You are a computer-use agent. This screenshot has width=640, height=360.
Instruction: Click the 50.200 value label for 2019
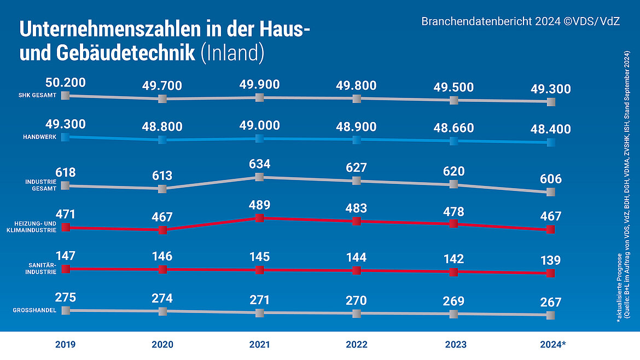65,83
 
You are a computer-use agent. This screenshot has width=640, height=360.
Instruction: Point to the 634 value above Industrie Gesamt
260,164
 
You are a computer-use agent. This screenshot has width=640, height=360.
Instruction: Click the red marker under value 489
260,218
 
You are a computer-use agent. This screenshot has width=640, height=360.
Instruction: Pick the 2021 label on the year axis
260,345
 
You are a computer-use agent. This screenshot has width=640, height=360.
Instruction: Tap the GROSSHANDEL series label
35,311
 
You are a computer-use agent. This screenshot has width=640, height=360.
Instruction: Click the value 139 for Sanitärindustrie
551,260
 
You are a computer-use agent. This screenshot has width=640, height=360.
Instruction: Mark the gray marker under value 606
551,192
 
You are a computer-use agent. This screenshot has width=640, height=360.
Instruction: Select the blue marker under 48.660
453,141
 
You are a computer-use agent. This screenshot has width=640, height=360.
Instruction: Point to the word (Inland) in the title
232,53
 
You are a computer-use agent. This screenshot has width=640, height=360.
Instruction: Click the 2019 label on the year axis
65,345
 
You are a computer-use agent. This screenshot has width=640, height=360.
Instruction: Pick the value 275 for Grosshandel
65,297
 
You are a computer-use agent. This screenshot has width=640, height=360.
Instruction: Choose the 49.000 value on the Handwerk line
260,125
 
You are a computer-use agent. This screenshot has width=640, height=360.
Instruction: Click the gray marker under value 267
551,315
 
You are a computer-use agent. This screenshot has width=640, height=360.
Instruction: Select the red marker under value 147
66,269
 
